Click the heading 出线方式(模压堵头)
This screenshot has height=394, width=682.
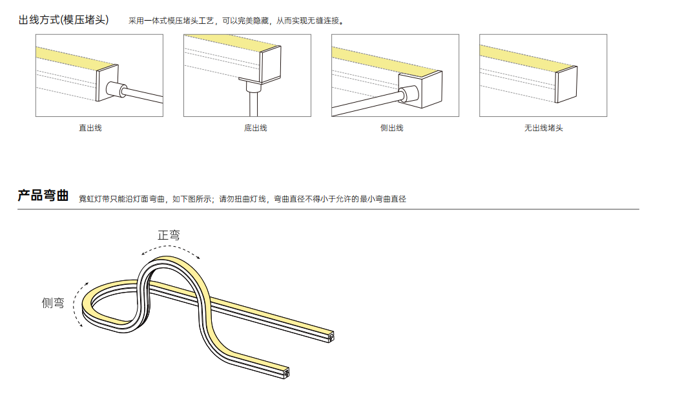click(x=63, y=20)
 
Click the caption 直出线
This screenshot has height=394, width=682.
click(x=90, y=128)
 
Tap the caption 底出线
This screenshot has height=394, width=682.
click(x=255, y=128)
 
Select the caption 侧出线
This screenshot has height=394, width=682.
click(x=391, y=128)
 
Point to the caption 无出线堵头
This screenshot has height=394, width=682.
click(x=543, y=128)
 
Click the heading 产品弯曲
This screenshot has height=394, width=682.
click(x=43, y=196)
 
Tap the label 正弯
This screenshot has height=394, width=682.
click(x=169, y=235)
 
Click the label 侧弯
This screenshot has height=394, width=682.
click(x=53, y=303)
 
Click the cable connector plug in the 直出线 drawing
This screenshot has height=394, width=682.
click(x=116, y=90)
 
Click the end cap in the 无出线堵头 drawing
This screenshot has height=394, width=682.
click(x=566, y=84)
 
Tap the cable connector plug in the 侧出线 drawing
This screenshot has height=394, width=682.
click(x=409, y=94)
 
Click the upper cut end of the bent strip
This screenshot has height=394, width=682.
click(x=331, y=337)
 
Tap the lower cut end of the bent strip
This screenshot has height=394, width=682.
click(x=286, y=373)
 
